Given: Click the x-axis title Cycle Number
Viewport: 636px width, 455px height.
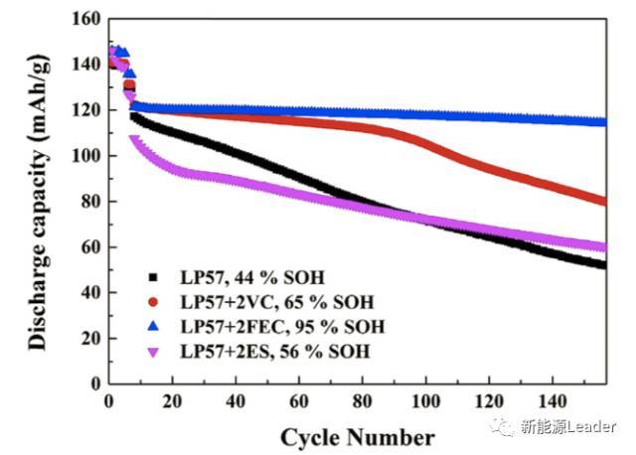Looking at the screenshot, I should coord(357,437).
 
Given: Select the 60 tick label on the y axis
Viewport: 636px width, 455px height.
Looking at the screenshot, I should coord(88,246).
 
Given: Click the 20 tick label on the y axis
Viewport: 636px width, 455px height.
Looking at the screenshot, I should coord(88,338).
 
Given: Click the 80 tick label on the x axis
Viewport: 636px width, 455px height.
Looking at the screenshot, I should coord(362,402).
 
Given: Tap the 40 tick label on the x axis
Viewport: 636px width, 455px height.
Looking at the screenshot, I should coord(236,402).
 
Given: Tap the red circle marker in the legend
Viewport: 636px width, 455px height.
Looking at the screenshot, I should coord(152,300).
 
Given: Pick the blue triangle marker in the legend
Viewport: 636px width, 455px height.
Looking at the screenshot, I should coord(152,325).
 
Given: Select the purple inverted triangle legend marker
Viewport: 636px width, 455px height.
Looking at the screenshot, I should coord(152,351).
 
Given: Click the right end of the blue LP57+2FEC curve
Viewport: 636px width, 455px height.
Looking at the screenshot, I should coord(603,122).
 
